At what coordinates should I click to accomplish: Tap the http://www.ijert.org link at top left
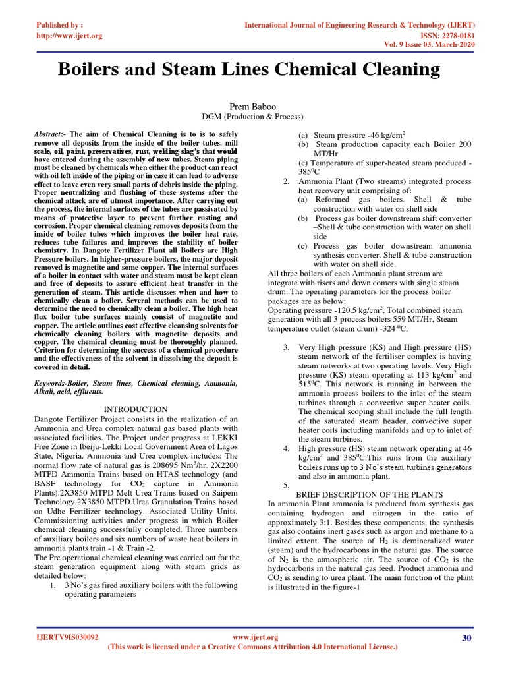tap(69, 36)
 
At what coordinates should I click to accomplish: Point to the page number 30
tap(467, 637)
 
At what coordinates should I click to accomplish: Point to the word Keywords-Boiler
tap(62, 383)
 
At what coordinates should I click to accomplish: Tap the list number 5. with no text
tap(287, 485)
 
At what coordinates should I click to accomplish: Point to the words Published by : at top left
tap(58, 25)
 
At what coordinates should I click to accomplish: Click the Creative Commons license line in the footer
tap(253, 648)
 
